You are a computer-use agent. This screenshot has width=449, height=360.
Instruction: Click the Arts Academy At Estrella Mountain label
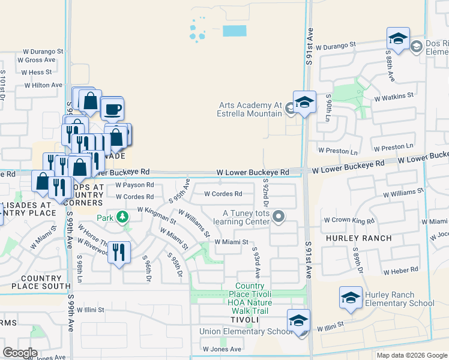250,109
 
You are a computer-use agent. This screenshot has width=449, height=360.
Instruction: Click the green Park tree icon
123,216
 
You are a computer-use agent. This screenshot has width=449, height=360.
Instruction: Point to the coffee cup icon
112,109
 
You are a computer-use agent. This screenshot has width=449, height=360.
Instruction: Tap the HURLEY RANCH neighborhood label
359,238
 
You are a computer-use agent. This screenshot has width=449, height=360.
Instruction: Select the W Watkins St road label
394,96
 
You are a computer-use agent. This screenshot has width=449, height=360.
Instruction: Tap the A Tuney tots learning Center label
246,218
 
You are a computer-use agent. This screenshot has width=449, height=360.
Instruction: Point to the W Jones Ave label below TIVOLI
221,349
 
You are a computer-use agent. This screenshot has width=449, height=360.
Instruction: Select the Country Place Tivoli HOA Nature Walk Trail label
253,298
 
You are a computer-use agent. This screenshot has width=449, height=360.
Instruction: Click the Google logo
20,353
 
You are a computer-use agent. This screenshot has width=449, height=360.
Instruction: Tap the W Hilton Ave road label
43,85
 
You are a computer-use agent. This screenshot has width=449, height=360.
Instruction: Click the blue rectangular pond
234,30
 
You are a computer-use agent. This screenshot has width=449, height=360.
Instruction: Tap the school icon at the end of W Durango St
398,39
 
